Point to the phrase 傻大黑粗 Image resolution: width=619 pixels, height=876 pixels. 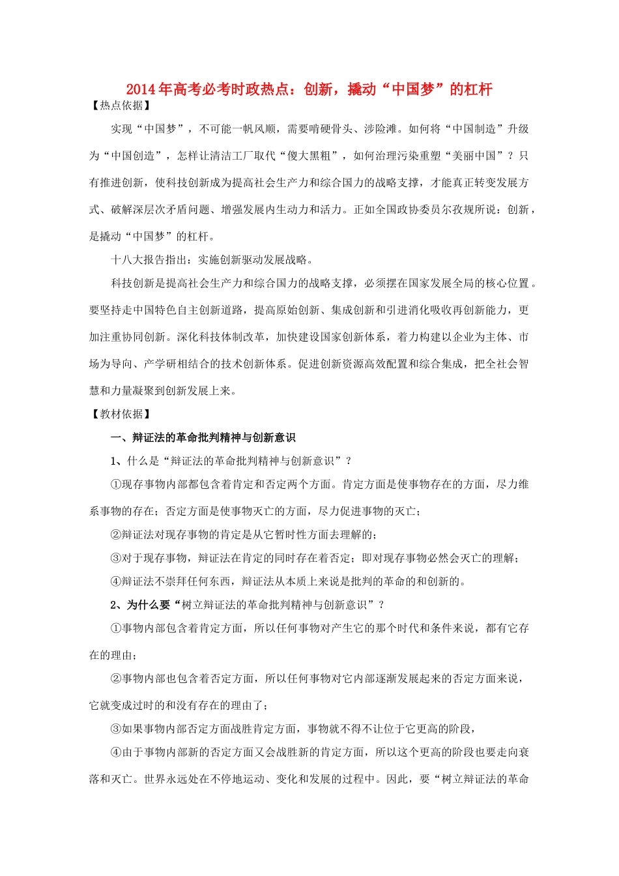(x=308, y=156)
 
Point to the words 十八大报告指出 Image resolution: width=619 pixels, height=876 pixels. (x=149, y=259)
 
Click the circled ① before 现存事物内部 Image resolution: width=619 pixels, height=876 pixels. (x=116, y=484)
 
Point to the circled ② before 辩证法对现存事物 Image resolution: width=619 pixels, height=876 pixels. (x=116, y=534)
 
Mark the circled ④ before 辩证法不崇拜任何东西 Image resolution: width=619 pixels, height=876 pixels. (x=116, y=581)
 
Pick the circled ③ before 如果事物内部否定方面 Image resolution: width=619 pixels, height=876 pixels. (x=116, y=729)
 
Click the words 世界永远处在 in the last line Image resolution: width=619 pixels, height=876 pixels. (x=177, y=779)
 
